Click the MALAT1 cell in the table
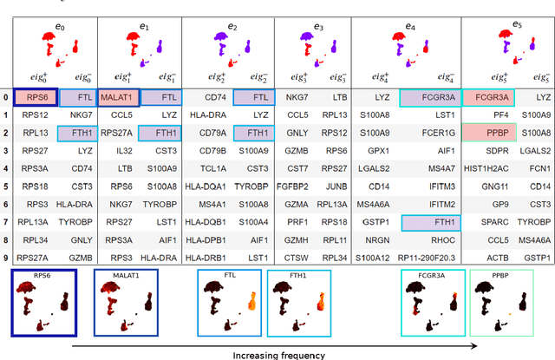click(118, 98)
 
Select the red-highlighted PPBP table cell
click(488, 132)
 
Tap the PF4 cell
click(488, 115)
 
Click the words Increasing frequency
click(280, 354)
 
